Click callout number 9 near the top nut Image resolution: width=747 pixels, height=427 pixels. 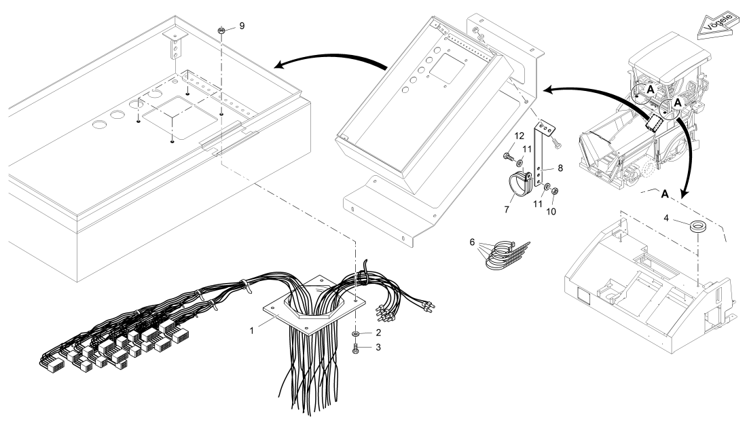(242, 26)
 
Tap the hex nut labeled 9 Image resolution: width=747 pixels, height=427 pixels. (221, 31)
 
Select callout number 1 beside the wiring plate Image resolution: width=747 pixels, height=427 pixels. (252, 331)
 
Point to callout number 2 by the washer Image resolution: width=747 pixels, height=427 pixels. (378, 332)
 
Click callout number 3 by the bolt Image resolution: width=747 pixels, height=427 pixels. (378, 348)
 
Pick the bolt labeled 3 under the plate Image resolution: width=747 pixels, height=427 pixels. (356, 349)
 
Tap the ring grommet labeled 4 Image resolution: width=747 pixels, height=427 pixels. (698, 227)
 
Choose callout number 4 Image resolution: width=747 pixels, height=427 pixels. (666, 218)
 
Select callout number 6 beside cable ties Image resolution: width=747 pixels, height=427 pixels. (472, 242)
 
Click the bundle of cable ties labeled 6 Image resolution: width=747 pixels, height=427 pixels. (506, 256)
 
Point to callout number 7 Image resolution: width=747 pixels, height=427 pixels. (507, 210)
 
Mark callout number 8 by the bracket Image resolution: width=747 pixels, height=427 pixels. (560, 168)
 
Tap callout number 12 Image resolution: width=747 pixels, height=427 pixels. (519, 136)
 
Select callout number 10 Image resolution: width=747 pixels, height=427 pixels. (551, 211)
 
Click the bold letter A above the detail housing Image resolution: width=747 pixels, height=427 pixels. (665, 193)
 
